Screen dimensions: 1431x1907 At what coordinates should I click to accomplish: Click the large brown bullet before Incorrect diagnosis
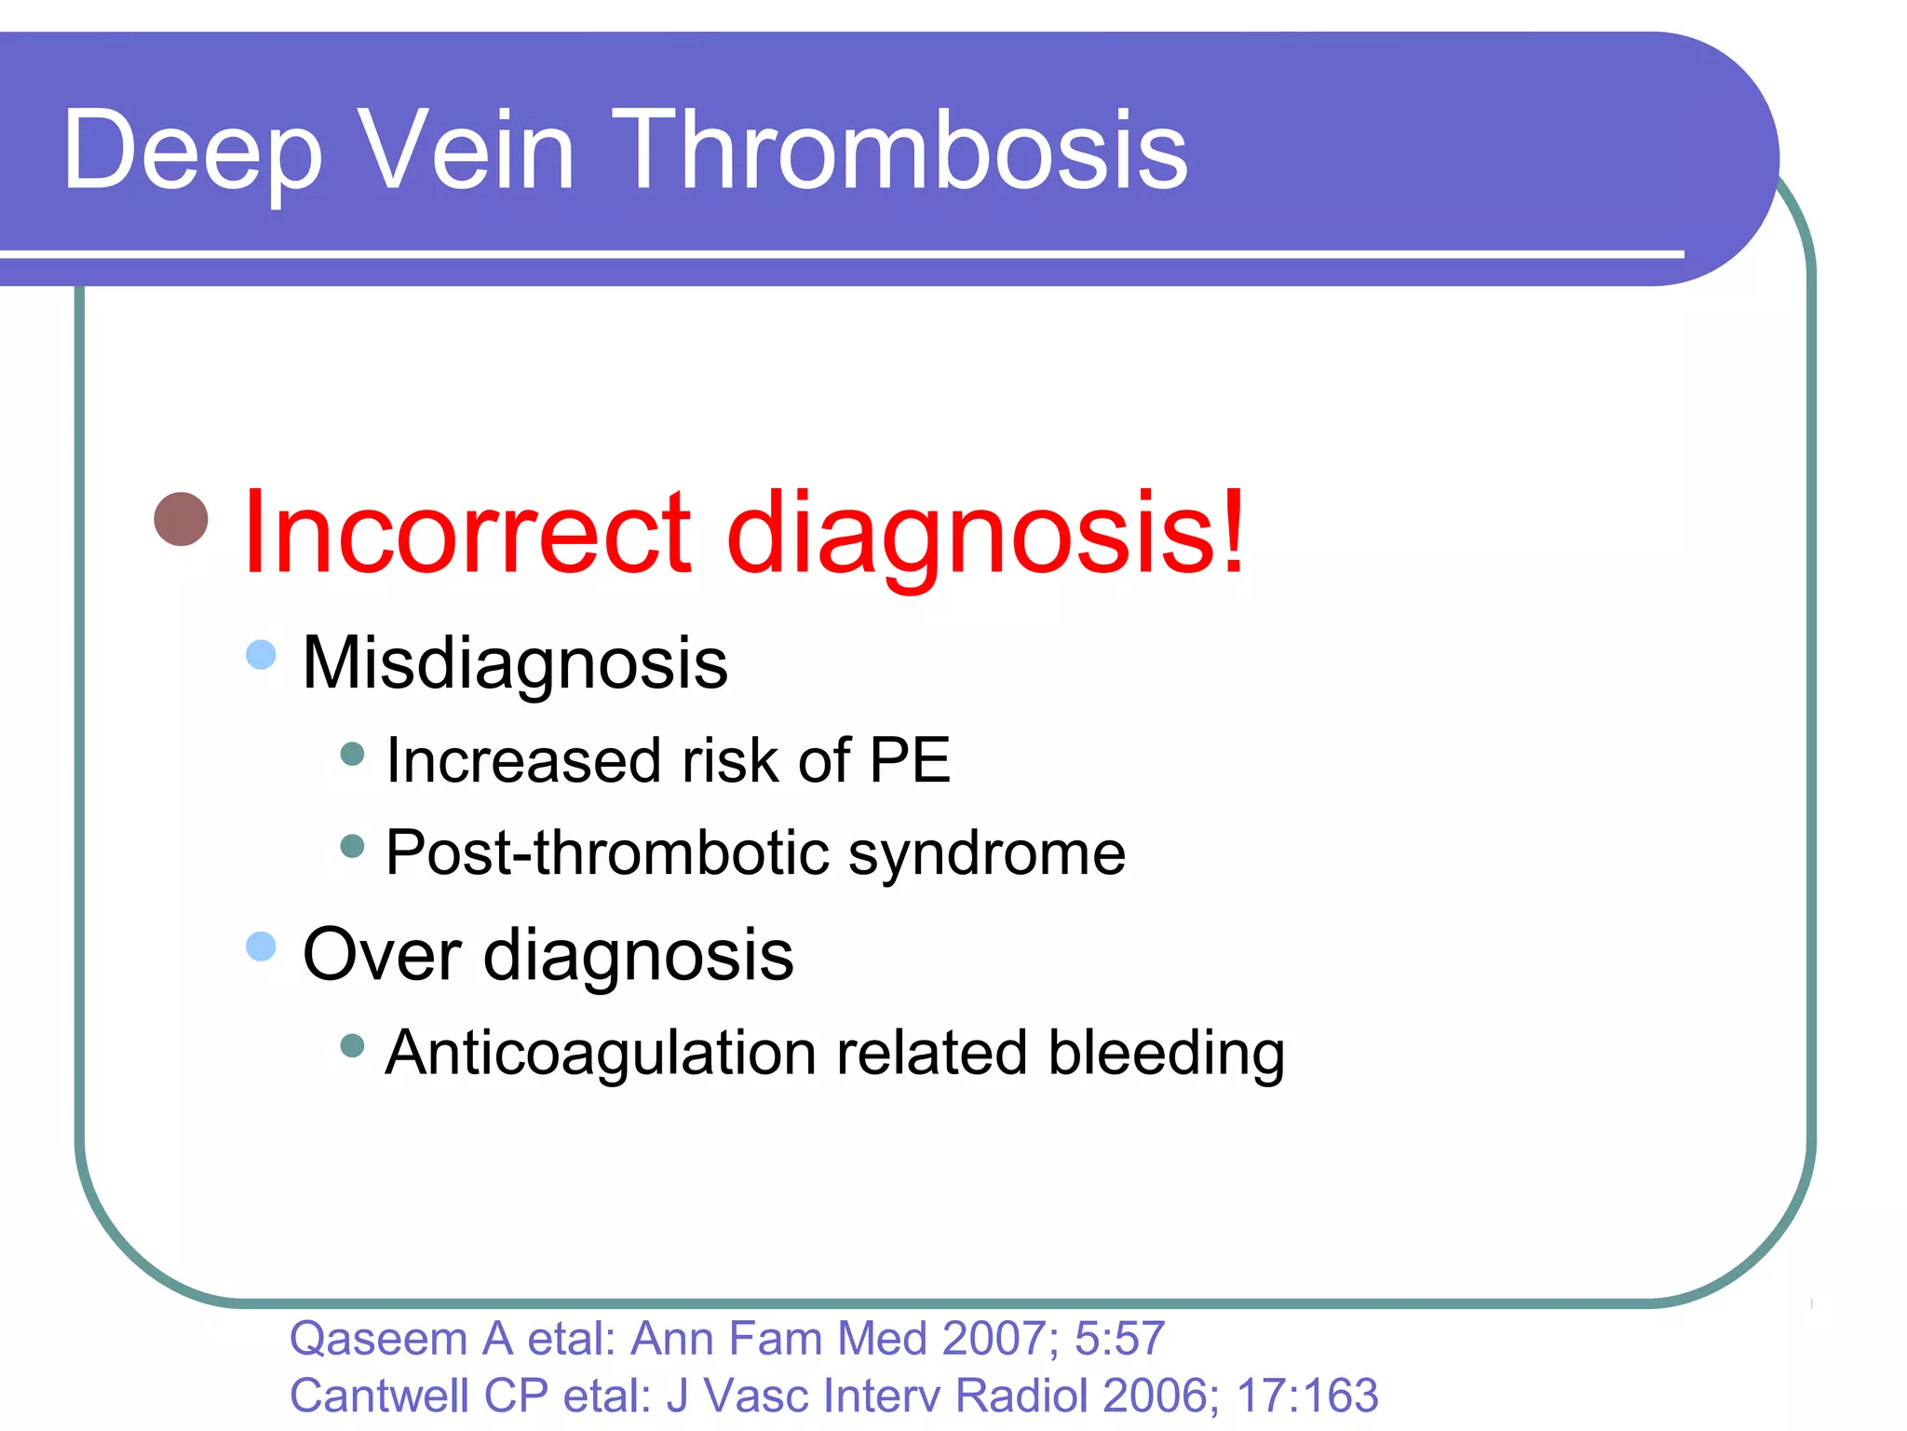point(181,519)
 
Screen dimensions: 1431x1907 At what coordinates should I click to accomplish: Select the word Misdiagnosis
point(515,663)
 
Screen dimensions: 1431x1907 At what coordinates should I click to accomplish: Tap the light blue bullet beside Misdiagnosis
point(261,654)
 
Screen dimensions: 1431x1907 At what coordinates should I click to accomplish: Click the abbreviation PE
point(909,760)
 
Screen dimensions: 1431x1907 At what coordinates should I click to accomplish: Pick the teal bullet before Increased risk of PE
point(352,753)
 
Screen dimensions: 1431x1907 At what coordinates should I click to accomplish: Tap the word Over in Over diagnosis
point(382,954)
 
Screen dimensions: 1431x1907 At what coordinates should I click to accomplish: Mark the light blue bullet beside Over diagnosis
point(261,947)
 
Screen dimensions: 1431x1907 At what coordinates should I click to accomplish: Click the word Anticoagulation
point(602,1053)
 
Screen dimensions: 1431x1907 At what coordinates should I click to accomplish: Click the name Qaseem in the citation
point(378,1339)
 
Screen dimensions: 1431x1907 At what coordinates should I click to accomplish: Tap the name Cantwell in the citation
point(379,1396)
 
